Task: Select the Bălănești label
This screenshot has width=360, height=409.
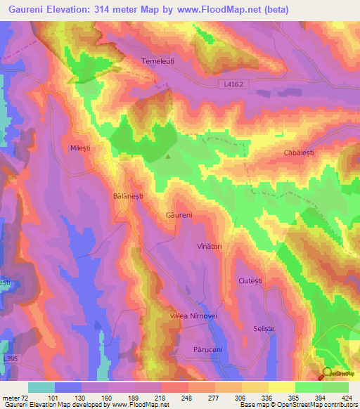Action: (x=128, y=197)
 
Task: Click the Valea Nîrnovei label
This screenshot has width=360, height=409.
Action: (x=196, y=317)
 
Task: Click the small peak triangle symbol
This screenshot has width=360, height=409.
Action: (x=168, y=157)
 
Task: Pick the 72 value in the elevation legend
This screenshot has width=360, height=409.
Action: (x=27, y=397)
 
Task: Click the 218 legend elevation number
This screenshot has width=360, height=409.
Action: (x=162, y=397)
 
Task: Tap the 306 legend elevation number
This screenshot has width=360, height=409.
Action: (x=242, y=397)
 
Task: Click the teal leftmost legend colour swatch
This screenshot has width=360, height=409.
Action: (x=41, y=387)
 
